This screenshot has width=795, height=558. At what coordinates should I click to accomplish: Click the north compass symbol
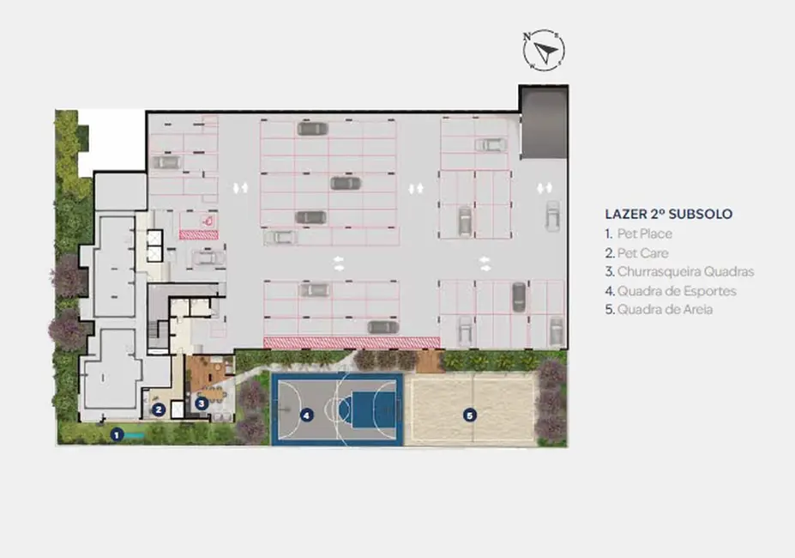pos(544,50)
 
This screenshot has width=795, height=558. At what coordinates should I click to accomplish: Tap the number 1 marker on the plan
pos(117,435)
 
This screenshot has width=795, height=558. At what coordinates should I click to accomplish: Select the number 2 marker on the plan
pos(159,409)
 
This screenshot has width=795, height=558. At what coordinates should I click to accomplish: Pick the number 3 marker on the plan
pos(202,403)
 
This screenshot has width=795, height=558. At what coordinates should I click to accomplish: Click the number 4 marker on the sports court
pos(305,415)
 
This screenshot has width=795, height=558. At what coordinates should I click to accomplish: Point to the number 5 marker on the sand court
pos(469,415)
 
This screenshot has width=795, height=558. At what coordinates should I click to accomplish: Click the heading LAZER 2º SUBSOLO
pos(669,214)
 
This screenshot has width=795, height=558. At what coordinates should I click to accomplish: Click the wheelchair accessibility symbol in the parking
pos(208,221)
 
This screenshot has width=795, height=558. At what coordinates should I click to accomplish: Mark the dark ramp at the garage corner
pos(544,123)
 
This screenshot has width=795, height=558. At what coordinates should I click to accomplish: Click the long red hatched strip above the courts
pos(352,343)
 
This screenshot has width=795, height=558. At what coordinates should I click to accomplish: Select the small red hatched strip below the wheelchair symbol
pos(199,234)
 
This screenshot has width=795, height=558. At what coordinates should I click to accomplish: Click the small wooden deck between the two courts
pos(430,361)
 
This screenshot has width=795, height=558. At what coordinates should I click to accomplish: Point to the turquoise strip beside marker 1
pos(133,435)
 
